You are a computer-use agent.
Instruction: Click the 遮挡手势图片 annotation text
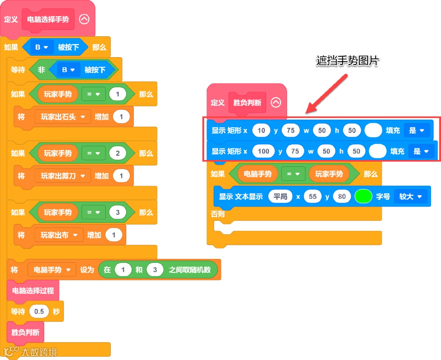[x=348, y=61]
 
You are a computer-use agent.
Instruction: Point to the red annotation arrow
[x=327, y=93]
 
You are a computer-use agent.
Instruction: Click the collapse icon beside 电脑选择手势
[x=84, y=19]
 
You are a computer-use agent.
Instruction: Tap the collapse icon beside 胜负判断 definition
[x=276, y=102]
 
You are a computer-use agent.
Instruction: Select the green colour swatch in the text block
[x=363, y=196]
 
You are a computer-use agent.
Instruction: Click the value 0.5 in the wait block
[x=39, y=311]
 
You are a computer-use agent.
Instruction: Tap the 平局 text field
[x=281, y=196]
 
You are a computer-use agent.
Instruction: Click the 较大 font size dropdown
[x=410, y=196]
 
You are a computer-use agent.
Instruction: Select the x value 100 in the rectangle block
[x=263, y=151]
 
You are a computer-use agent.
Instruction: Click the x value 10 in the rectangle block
[x=261, y=131]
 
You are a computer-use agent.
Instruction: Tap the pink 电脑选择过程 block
[x=33, y=291]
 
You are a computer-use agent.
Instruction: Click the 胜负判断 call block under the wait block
[x=25, y=332]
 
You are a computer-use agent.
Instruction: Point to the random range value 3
[x=155, y=270]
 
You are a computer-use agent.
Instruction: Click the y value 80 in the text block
[x=342, y=196]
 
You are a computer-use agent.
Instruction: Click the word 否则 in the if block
[x=218, y=214]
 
